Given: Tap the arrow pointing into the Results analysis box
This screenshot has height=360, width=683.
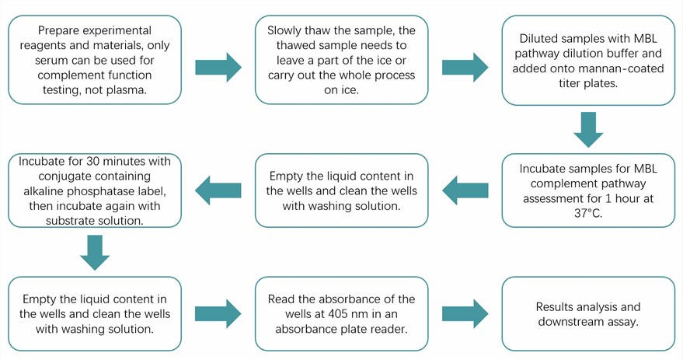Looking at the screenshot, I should pos(465,313).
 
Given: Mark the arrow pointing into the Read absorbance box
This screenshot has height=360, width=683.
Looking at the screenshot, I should pos(218,313).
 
